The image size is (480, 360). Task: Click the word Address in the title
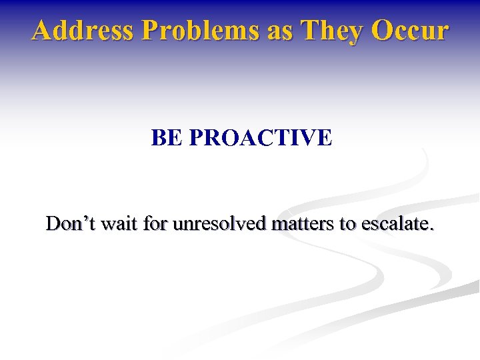73,31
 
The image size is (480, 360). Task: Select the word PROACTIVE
260,138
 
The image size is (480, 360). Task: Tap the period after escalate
431,230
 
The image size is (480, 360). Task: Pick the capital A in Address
41,31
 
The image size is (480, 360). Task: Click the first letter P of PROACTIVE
197,138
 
